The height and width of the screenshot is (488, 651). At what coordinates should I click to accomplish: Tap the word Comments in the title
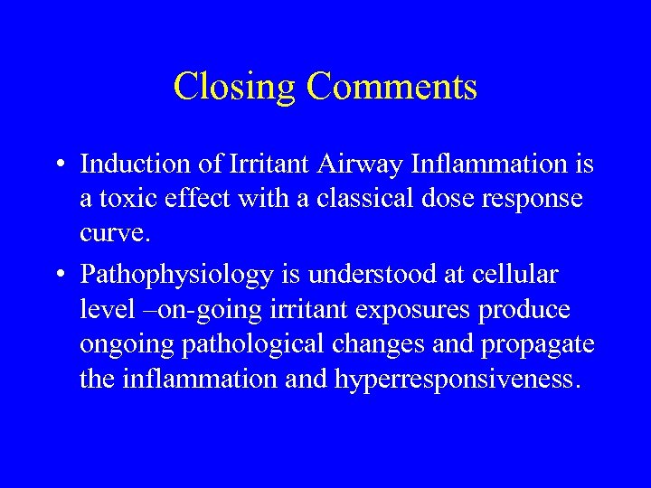pyautogui.click(x=392, y=88)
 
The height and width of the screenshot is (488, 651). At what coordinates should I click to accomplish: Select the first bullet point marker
pyautogui.click(x=58, y=165)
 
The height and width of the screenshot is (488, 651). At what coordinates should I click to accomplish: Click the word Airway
pyautogui.click(x=373, y=164)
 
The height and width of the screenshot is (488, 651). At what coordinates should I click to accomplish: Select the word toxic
pyautogui.click(x=127, y=199)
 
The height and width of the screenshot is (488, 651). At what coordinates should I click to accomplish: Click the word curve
pyautogui.click(x=111, y=234)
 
